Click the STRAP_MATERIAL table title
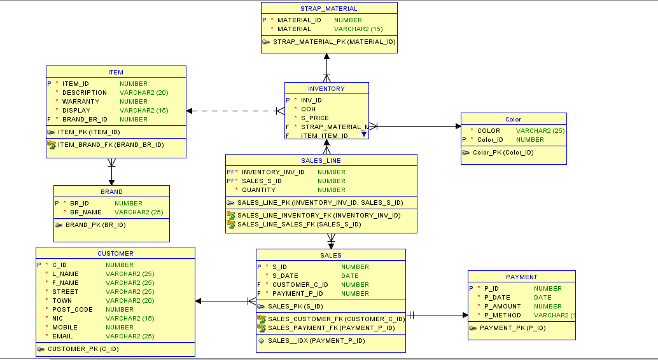[328, 8]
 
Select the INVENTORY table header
[326, 88]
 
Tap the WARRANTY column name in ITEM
[80, 101]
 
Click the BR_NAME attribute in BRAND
[85, 212]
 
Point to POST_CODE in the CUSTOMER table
[72, 309]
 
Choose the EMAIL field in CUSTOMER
[62, 336]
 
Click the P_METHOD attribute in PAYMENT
[502, 315]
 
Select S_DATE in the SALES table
[285, 275]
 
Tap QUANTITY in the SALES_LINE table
[258, 190]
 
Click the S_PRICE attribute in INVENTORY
[314, 118]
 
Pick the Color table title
[513, 119]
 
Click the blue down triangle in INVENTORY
[364, 134]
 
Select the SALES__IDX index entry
[316, 340]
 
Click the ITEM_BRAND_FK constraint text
[110, 144]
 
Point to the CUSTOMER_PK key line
[83, 349]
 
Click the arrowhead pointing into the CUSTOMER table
[199, 301]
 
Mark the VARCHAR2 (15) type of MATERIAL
[358, 29]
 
